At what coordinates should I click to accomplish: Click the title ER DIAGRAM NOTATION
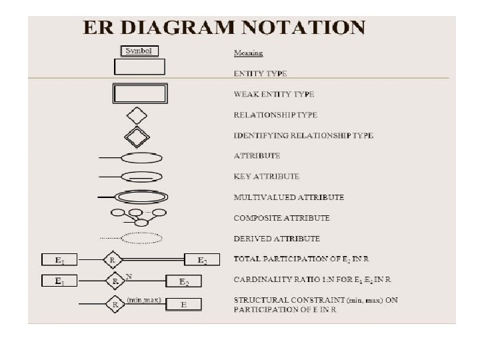[x=223, y=28]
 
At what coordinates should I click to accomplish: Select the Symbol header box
[x=139, y=51]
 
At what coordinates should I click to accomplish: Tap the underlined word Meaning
[x=248, y=53]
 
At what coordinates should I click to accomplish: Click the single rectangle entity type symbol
[x=139, y=67]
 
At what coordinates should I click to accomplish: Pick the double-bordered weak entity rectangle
[x=139, y=93]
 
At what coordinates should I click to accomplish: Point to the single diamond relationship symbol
[x=137, y=114]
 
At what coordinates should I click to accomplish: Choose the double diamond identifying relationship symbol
[x=137, y=136]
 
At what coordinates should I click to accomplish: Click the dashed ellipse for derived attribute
[x=143, y=238]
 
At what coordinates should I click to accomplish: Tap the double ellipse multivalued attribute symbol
[x=141, y=197]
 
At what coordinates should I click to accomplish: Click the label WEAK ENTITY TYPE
[x=274, y=94]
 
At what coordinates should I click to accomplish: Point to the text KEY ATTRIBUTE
[x=267, y=177]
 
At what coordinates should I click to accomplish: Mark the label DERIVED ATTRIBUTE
[x=277, y=239]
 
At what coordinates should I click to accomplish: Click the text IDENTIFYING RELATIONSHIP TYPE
[x=303, y=135]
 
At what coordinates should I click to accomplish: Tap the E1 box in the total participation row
[x=60, y=259]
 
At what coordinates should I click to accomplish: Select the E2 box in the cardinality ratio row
[x=185, y=282]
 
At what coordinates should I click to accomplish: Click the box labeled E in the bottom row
[x=183, y=305]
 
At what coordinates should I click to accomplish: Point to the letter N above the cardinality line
[x=129, y=275]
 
